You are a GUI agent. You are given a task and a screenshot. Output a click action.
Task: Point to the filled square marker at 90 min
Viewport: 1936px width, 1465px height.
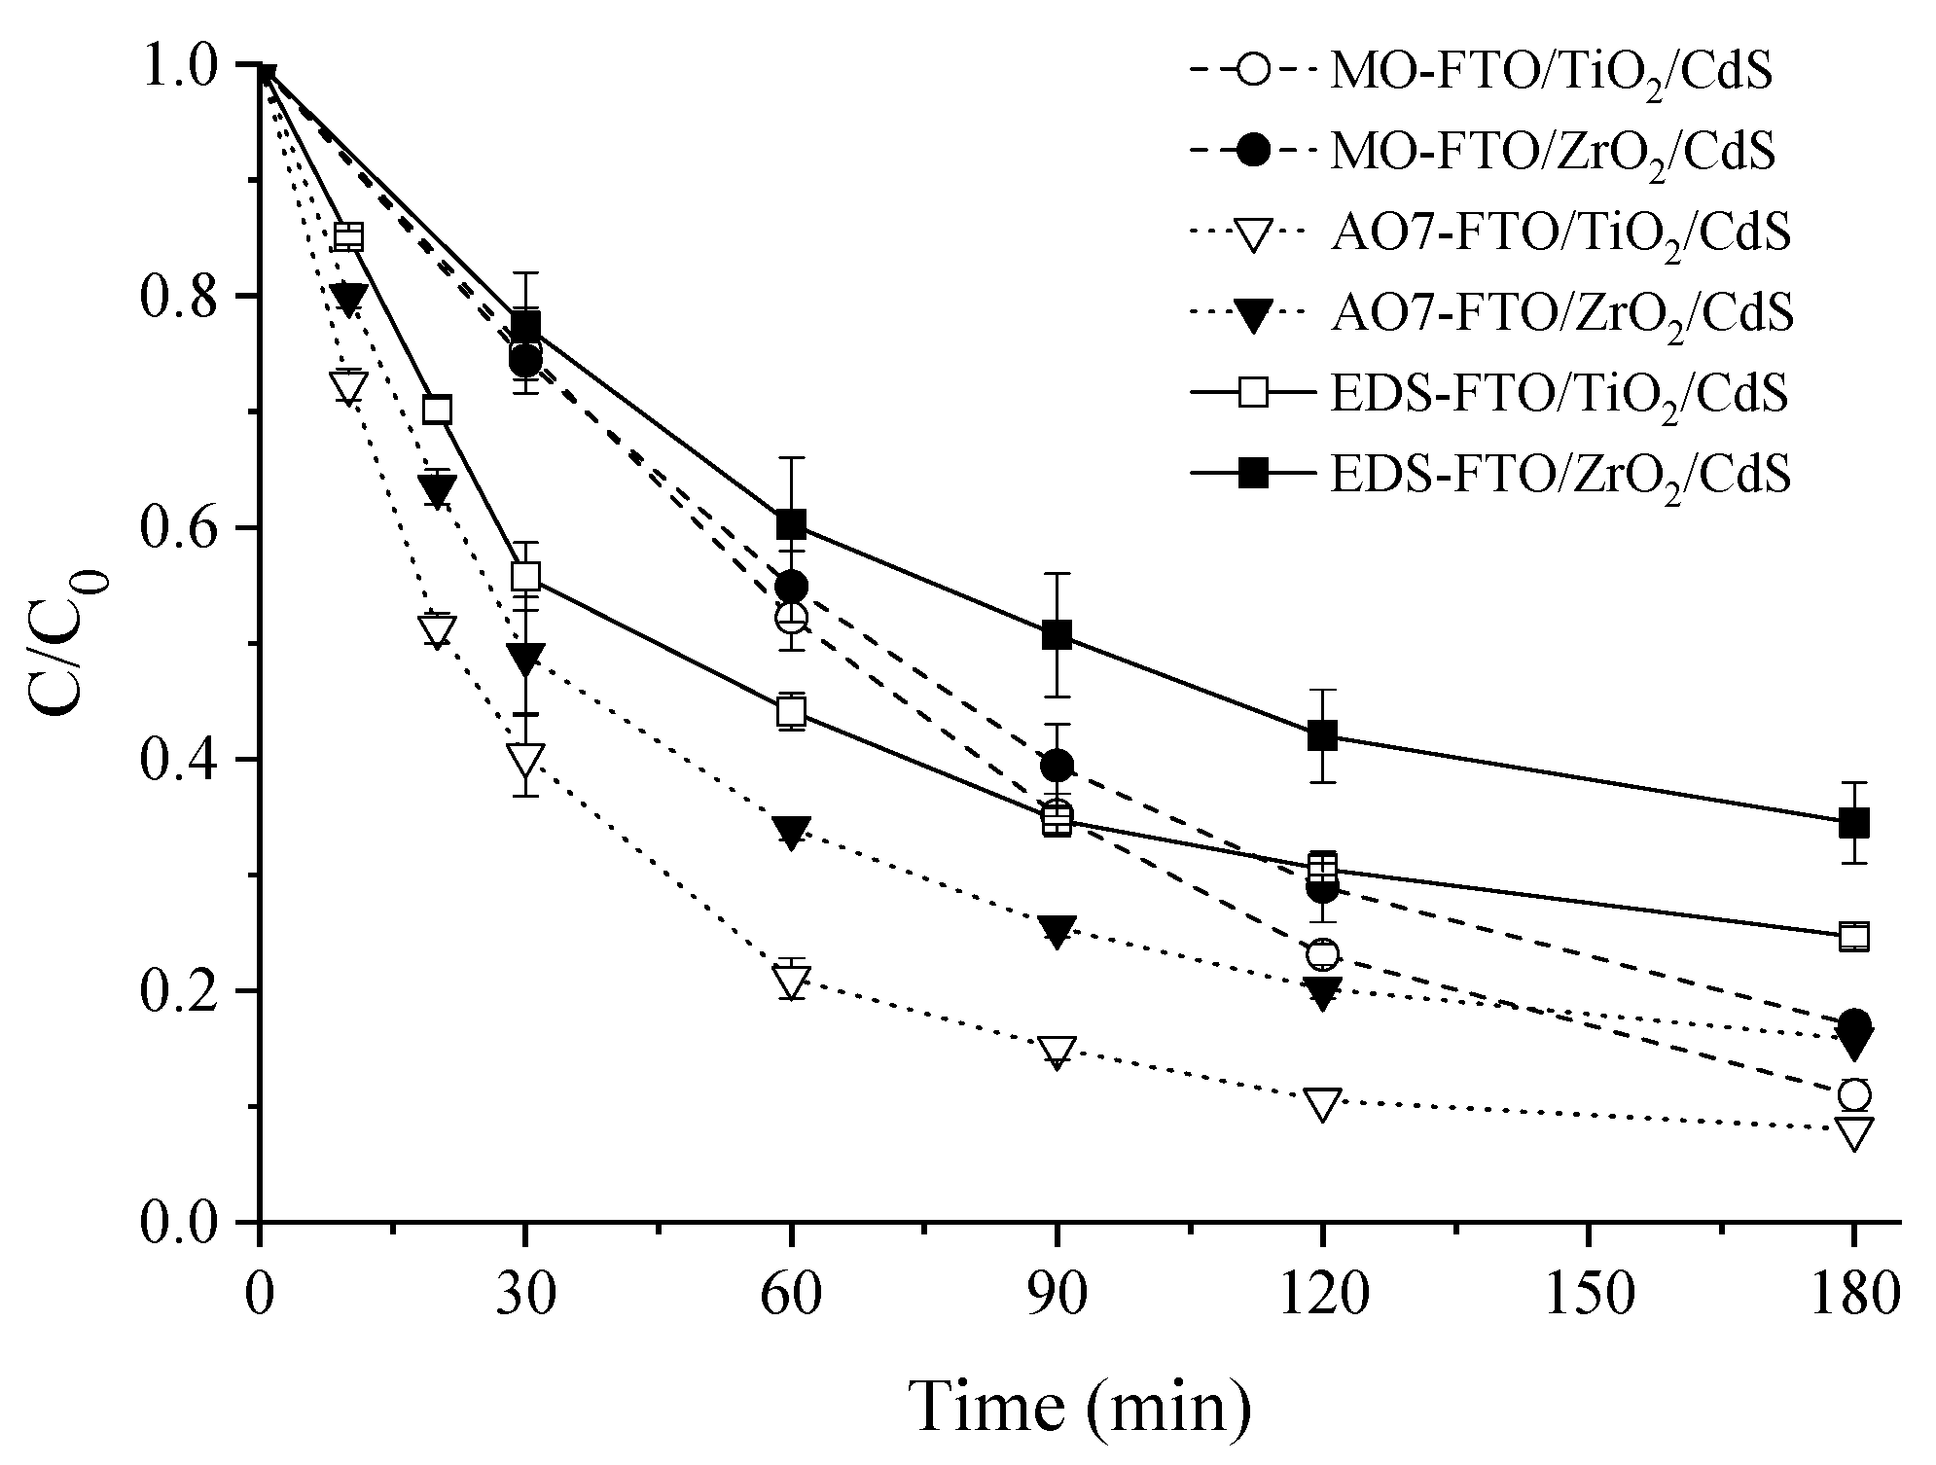click(x=1057, y=635)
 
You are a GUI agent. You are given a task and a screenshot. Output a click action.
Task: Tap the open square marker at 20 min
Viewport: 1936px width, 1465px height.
click(x=438, y=410)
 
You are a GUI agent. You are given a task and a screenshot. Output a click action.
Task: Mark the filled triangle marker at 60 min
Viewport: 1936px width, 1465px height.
click(x=792, y=832)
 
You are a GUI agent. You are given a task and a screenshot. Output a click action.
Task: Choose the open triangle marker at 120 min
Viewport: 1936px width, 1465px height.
click(x=1322, y=1103)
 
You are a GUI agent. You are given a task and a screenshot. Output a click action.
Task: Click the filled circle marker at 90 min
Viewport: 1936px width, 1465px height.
click(x=1057, y=767)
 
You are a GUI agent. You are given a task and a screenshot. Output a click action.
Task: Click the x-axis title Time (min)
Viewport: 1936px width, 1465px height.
click(x=1080, y=1407)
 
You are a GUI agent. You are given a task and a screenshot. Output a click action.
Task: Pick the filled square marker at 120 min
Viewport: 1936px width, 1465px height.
click(x=1322, y=735)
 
